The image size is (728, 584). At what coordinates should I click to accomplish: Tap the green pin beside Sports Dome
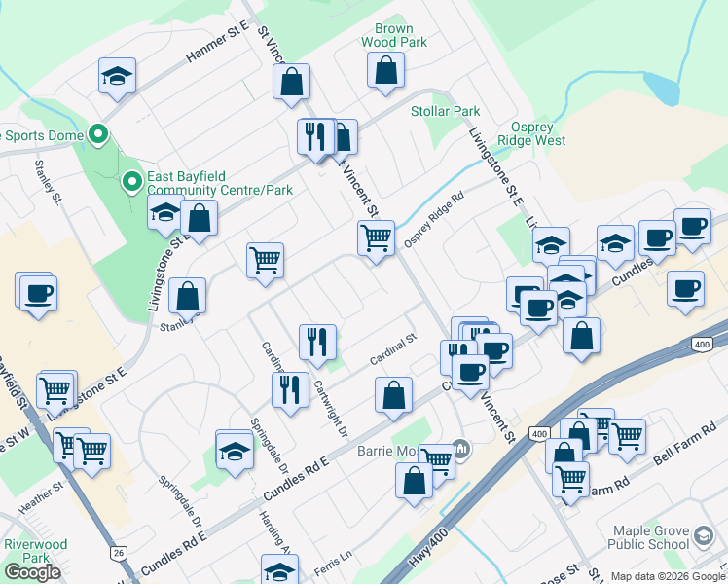tap(97, 135)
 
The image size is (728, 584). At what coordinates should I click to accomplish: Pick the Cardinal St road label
tap(393, 349)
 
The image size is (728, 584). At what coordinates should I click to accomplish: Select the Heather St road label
tap(41, 501)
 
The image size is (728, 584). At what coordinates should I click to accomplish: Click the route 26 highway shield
tap(119, 553)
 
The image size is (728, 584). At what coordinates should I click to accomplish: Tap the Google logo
tap(32, 572)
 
